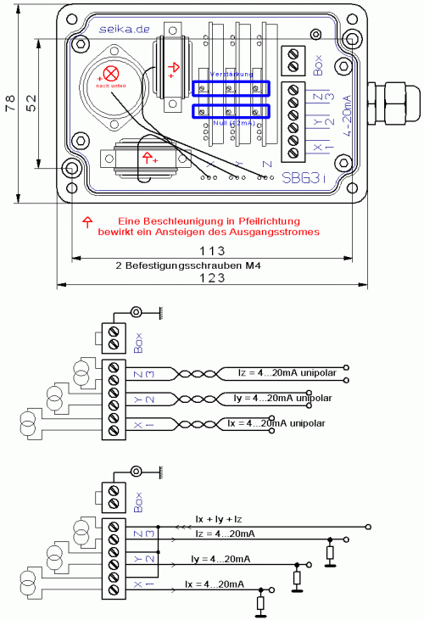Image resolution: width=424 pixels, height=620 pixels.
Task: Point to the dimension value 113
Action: [x=211, y=251]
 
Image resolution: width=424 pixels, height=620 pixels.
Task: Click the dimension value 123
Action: [x=211, y=277]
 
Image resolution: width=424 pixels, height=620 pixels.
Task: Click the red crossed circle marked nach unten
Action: [x=111, y=74]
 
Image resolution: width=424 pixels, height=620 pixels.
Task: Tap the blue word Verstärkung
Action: [x=231, y=75]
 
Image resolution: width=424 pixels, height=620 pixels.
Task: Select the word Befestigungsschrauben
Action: [x=192, y=265]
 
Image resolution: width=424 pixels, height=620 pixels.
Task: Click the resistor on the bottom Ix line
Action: [x=261, y=603]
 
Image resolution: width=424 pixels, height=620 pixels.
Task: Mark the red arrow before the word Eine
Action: [x=86, y=221]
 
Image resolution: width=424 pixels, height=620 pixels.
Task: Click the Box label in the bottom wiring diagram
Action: [x=139, y=500]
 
